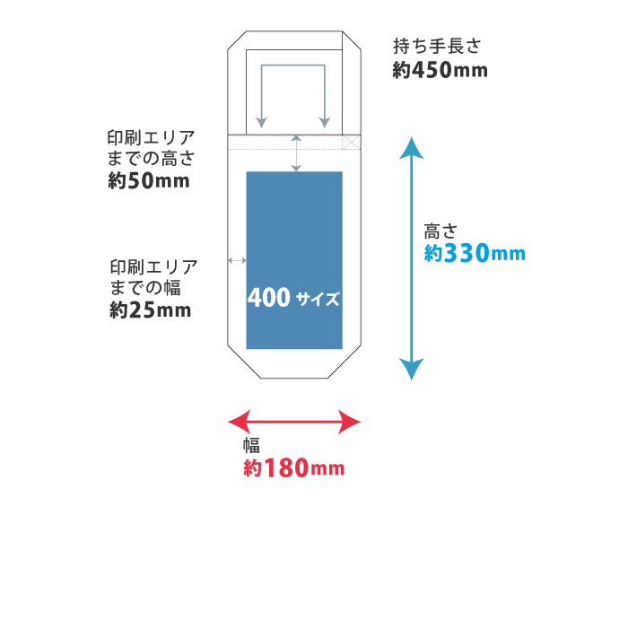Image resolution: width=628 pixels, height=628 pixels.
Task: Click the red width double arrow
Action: pos(294,421)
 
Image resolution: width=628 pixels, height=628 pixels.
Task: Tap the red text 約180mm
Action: pos(294,468)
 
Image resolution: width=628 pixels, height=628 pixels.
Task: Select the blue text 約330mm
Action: pos(474,254)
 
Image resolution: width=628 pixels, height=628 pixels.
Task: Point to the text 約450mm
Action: pos(440,70)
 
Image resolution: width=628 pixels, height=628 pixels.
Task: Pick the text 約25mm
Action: pos(151,310)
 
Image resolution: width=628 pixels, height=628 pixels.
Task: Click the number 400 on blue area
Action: pos(268,298)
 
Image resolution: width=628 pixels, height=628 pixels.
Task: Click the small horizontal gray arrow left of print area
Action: pos(237,260)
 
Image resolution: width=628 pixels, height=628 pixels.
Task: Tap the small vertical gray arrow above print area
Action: pos(296,153)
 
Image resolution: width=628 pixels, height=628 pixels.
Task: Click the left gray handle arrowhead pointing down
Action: pos(261,121)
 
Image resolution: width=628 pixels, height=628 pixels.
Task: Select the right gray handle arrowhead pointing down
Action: pos(325,121)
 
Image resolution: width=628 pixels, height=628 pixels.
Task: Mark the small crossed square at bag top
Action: pos(351,142)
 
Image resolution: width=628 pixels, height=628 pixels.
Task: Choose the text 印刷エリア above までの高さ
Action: pos(151,138)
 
